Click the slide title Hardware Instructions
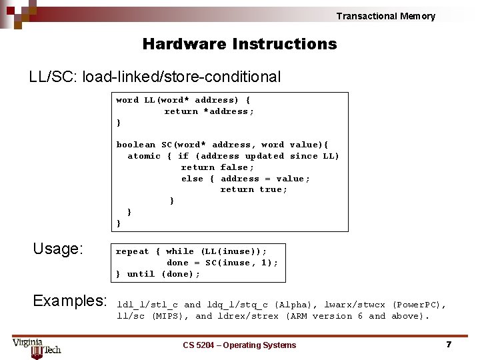coord(239,45)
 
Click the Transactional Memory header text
coord(385,16)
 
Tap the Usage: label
coord(58,249)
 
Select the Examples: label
coord(70,301)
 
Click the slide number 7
coord(449,345)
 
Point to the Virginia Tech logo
coord(37,346)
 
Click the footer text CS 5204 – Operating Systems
coord(239,345)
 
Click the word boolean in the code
coord(136,145)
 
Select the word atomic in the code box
coord(144,156)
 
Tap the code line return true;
coord(254,189)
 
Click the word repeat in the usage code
coord(133,251)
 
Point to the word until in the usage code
coord(141,274)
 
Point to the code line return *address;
coord(209,111)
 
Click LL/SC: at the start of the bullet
coord(53,77)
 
